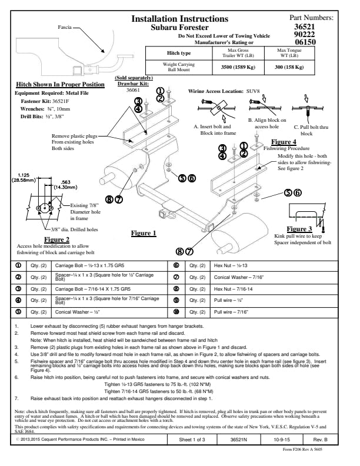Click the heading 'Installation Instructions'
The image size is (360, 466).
coord(179,19)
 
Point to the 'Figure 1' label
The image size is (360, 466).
coord(144,233)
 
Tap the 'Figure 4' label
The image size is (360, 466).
coord(284,142)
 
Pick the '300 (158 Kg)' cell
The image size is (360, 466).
coord(289,68)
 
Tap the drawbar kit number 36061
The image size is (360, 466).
coord(134,90)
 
